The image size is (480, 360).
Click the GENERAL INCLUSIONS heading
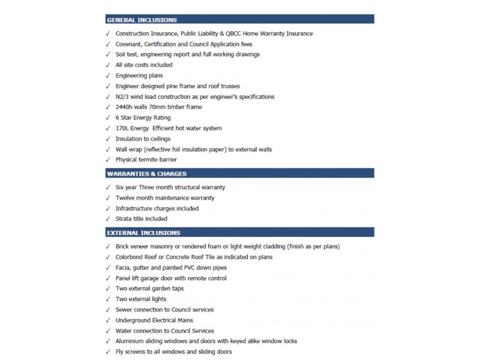pos(142,20)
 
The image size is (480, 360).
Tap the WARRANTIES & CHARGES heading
pos(146,174)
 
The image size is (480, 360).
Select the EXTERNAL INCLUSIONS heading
pos(143,233)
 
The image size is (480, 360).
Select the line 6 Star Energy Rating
pos(143,118)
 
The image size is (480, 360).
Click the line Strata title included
pos(141,219)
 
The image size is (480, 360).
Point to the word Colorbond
pos(130,257)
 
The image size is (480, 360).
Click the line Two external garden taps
pos(149,289)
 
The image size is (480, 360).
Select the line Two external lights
pos(141,299)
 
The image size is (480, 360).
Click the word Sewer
pos(124,310)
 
